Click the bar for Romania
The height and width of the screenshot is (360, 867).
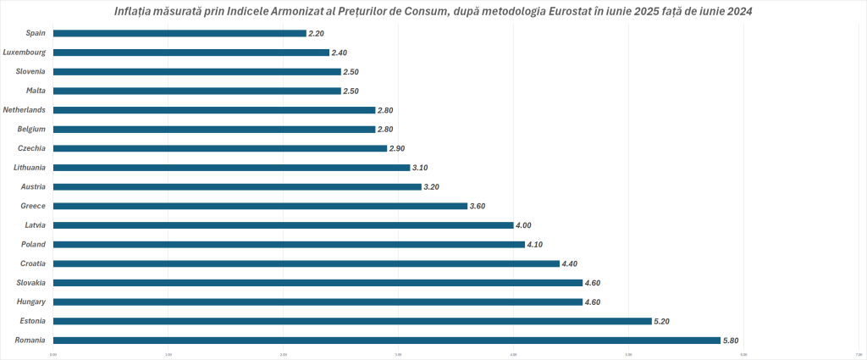(386, 341)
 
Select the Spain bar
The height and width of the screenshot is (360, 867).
(179, 34)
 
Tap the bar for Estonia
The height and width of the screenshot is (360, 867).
(352, 321)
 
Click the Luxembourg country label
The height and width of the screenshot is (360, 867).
(25, 53)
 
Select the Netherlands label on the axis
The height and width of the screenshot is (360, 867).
(24, 110)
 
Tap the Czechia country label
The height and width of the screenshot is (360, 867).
(31, 148)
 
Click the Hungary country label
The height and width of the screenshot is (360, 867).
(30, 302)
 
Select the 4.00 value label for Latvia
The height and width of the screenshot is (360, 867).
(525, 225)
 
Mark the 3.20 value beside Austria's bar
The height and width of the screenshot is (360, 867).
(433, 187)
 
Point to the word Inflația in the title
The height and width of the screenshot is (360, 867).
(134, 10)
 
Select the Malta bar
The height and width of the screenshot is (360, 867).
(196, 91)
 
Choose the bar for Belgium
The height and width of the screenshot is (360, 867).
(214, 130)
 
